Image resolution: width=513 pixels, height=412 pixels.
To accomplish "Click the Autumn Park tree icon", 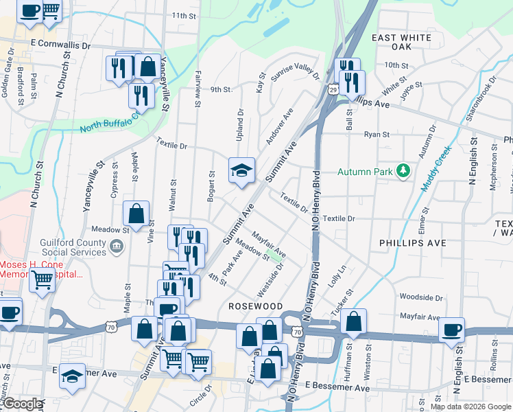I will coord(403,171).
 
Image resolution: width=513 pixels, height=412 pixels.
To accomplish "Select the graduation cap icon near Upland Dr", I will coord(241,170).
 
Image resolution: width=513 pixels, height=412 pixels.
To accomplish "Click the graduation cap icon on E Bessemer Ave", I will coord(72,376).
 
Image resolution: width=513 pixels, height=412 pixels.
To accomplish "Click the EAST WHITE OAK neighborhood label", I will coord(402,42).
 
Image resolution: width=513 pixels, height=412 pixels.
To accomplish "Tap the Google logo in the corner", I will coord(23,404).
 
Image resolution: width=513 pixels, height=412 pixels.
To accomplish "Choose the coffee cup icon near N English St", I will coord(452,330).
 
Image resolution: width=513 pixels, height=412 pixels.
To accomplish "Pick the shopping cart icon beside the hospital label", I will coord(43,279).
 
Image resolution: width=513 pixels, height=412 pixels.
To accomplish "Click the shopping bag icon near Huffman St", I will coord(353,321).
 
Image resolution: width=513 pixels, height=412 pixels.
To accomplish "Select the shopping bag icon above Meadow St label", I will coord(137,214).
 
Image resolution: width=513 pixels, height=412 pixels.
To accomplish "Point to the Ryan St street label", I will coord(377,135).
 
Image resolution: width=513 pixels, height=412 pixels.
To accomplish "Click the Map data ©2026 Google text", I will coord(470,407).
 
